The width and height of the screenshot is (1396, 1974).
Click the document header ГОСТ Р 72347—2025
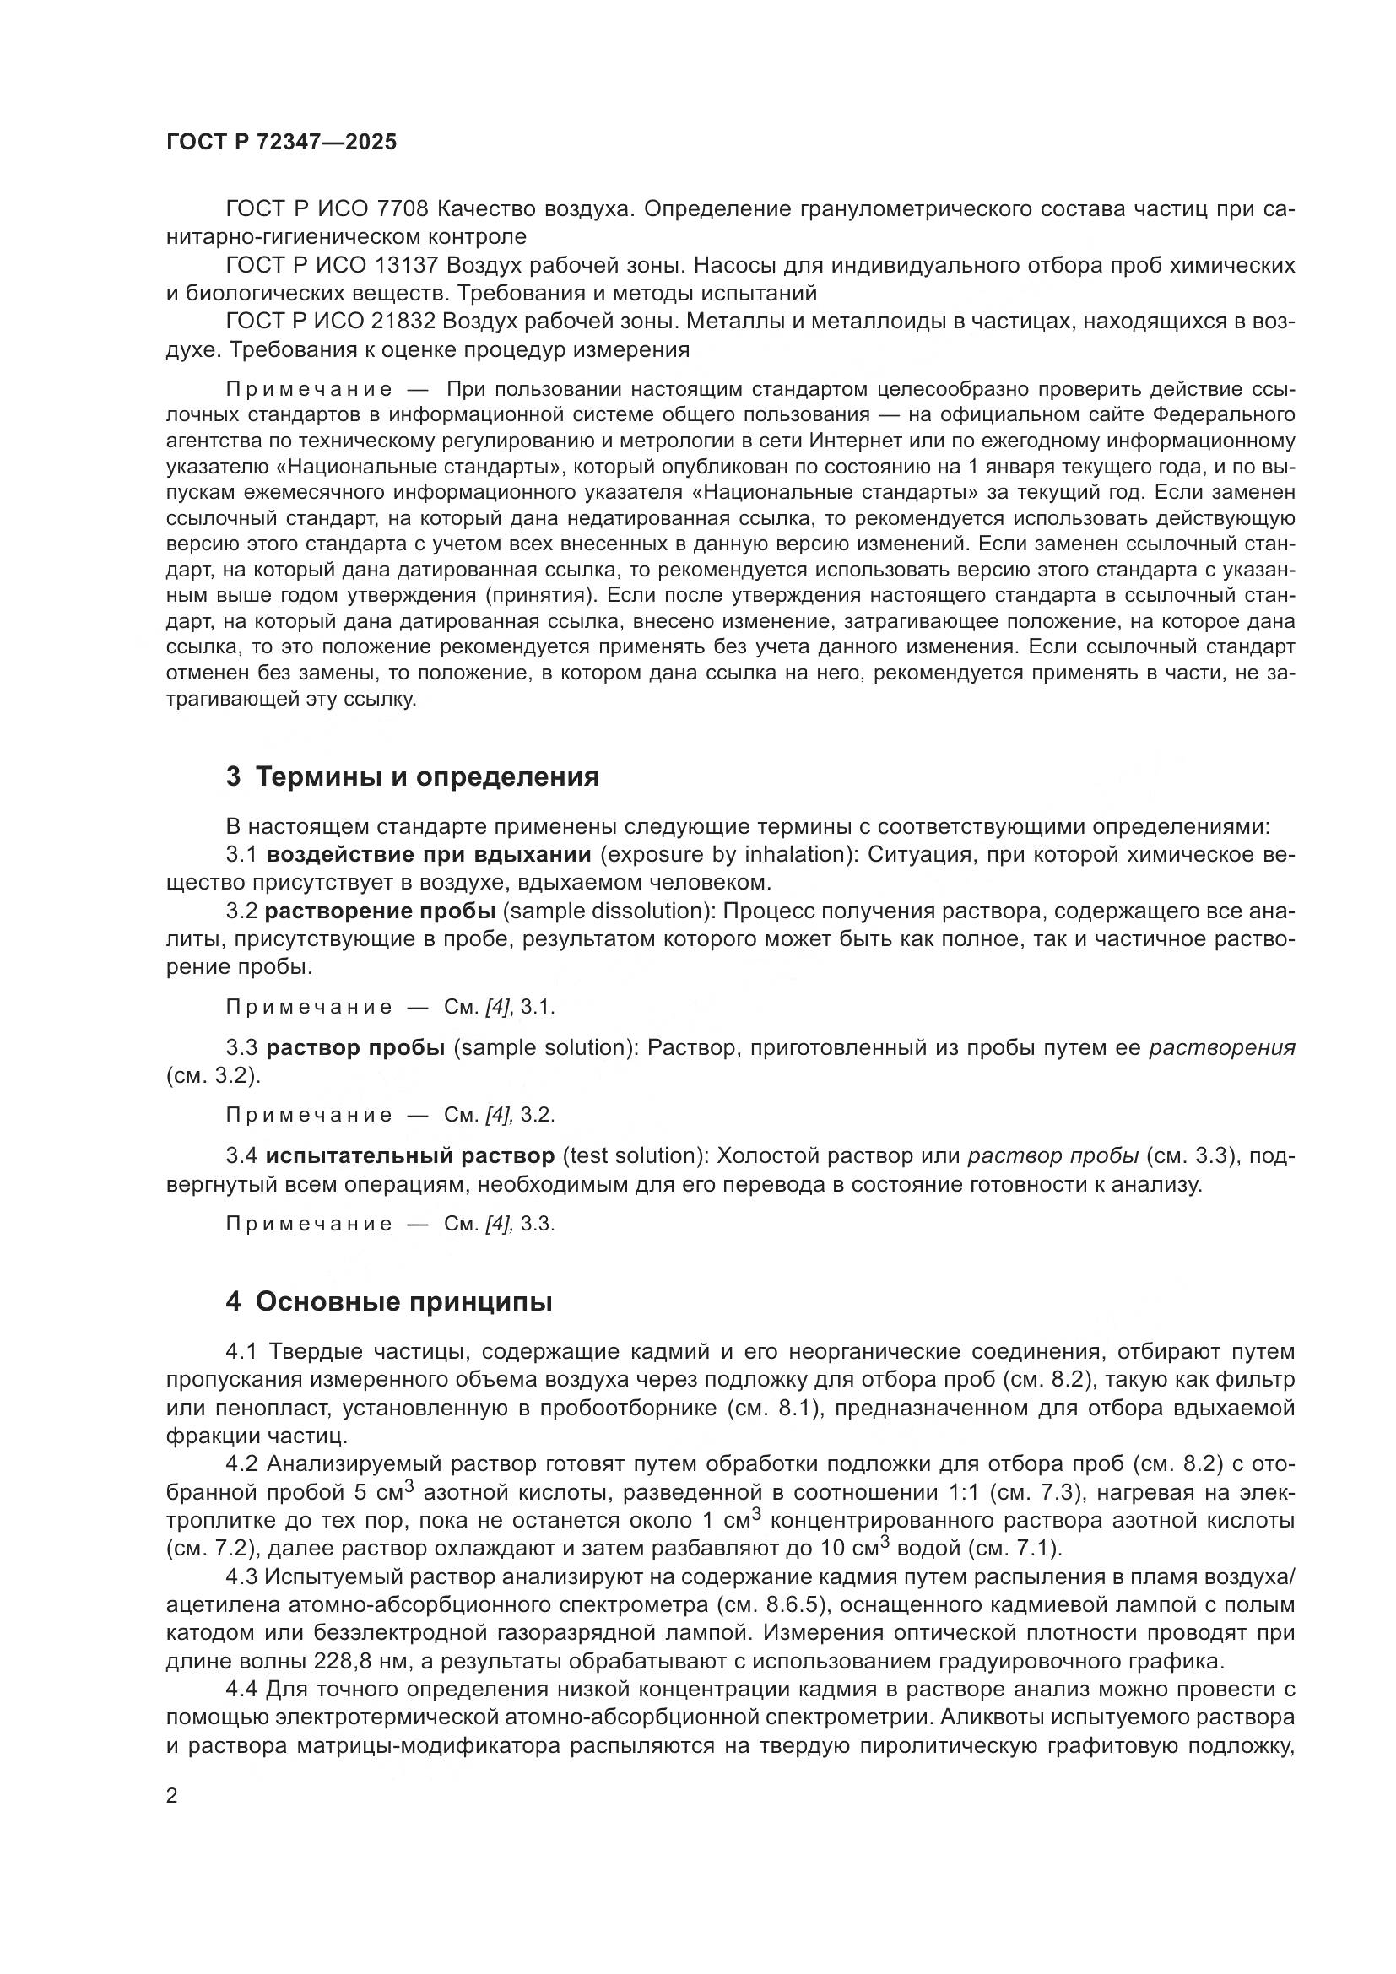pos(281,142)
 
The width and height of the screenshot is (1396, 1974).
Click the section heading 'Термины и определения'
pos(427,776)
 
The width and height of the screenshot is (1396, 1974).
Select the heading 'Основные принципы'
pos(403,1301)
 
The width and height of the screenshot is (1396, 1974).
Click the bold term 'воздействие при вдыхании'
pos(428,854)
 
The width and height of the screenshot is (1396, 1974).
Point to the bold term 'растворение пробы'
pos(380,911)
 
